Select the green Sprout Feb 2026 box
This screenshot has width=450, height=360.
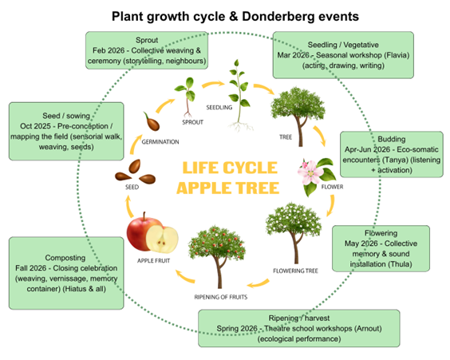click(147, 50)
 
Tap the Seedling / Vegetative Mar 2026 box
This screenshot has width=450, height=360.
click(343, 55)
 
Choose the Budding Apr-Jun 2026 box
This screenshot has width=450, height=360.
click(392, 154)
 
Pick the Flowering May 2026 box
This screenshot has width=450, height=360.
click(381, 248)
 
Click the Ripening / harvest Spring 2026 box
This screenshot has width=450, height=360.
click(298, 328)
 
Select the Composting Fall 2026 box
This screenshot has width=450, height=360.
click(66, 273)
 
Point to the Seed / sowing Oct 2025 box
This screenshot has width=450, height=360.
click(66, 131)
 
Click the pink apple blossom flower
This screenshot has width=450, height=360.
click(310, 172)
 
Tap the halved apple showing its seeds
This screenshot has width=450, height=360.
click(162, 239)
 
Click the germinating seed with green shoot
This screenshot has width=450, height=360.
click(152, 121)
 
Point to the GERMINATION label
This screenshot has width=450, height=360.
click(160, 142)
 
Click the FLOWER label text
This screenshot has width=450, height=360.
click(332, 187)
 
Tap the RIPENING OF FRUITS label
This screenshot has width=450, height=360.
click(221, 297)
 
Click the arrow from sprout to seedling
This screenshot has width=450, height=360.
click(213, 85)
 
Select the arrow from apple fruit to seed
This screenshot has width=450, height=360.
click(130, 207)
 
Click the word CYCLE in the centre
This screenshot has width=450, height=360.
click(250, 168)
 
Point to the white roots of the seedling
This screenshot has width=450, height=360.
click(240, 126)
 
